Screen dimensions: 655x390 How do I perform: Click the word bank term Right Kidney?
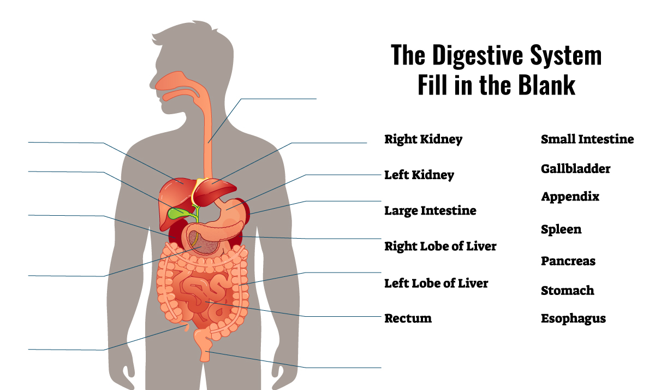(423, 139)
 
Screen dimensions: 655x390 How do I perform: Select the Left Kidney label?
(419, 175)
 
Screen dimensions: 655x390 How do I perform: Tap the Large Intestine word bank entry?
(430, 211)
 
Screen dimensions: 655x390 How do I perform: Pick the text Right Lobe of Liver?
(440, 246)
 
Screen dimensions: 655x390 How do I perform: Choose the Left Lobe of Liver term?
(436, 283)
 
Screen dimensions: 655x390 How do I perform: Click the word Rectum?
(408, 318)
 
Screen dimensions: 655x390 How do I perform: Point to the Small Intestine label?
(587, 139)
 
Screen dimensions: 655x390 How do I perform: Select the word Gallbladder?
(575, 169)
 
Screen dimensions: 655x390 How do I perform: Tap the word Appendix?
(570, 197)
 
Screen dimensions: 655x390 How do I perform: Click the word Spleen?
(561, 229)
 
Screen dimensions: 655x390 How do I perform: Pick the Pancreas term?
(568, 261)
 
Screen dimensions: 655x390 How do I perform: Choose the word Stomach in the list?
(567, 291)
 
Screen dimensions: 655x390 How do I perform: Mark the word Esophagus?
(573, 318)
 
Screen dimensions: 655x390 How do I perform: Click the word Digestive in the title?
(478, 55)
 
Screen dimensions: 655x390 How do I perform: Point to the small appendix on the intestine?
(186, 327)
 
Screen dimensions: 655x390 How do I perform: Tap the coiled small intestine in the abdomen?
(202, 296)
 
